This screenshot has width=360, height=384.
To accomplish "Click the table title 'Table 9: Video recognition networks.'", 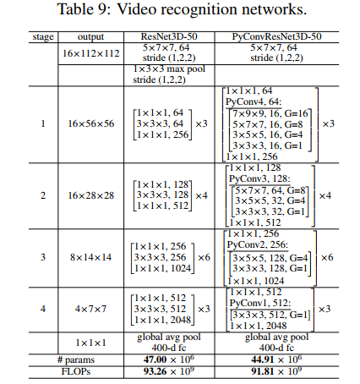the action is (x=180, y=11).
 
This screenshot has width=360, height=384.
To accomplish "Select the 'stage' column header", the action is (x=41, y=38).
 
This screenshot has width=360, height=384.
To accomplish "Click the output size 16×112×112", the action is (x=90, y=53).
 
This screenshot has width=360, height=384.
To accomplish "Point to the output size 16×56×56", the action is (x=90, y=123).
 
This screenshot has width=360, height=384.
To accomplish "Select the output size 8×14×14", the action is (x=90, y=255).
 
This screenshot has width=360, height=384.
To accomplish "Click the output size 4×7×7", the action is (x=90, y=310).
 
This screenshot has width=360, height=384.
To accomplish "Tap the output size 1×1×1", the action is (x=90, y=343).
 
